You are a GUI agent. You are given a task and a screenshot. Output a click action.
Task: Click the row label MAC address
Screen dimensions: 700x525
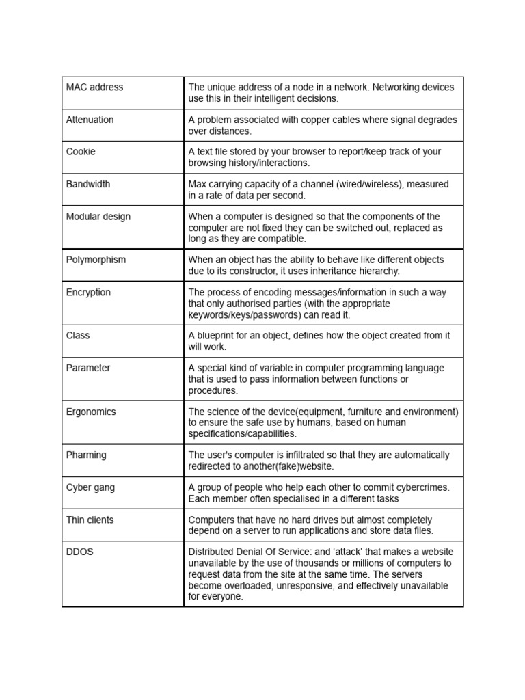(94, 87)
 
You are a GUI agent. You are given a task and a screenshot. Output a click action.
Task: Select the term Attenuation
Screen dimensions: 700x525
(90, 120)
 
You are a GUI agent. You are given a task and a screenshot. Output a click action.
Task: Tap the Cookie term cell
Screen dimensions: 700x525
(81, 152)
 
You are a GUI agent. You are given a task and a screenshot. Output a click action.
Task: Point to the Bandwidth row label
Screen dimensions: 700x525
(87, 184)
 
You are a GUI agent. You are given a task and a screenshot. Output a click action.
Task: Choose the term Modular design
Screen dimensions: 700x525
(98, 217)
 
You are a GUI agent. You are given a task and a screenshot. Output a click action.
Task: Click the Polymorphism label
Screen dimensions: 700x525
(96, 260)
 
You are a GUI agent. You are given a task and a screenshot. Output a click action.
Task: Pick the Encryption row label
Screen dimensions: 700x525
(88, 292)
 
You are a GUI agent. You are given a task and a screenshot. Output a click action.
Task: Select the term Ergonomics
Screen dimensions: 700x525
(91, 412)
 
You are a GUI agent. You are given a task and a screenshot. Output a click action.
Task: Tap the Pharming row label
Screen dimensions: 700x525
(86, 455)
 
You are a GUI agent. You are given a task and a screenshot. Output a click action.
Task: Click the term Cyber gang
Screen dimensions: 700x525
(90, 487)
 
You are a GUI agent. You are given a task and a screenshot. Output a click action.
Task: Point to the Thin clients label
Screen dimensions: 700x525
(90, 520)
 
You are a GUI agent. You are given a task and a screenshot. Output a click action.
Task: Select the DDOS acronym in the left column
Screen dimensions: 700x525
(79, 552)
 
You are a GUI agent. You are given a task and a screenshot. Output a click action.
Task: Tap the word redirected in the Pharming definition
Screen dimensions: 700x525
(209, 466)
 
